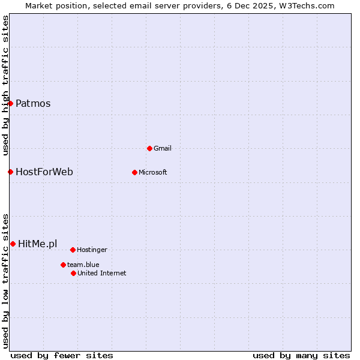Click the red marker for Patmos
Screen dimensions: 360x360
[10, 103]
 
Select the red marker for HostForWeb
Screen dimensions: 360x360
[10, 172]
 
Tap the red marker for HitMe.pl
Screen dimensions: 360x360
[13, 244]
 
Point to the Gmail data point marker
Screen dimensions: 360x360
[149, 148]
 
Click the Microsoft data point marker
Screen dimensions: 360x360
[134, 172]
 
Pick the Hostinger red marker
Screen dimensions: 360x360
[73, 250]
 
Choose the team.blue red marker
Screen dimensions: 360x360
[63, 265]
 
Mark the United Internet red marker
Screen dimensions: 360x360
[73, 273]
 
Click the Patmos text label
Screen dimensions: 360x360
[33, 103]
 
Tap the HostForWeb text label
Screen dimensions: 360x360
[44, 172]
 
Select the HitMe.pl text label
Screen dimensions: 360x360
[38, 244]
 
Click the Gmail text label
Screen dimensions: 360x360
[163, 148]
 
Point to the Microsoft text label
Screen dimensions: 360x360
[153, 172]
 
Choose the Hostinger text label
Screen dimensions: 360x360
[92, 250]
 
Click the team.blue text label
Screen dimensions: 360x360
[83, 265]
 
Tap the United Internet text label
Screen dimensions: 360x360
[102, 273]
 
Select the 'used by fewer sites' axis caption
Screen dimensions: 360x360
[62, 355]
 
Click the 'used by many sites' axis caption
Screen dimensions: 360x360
[301, 355]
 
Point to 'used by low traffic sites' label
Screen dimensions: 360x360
[6, 280]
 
